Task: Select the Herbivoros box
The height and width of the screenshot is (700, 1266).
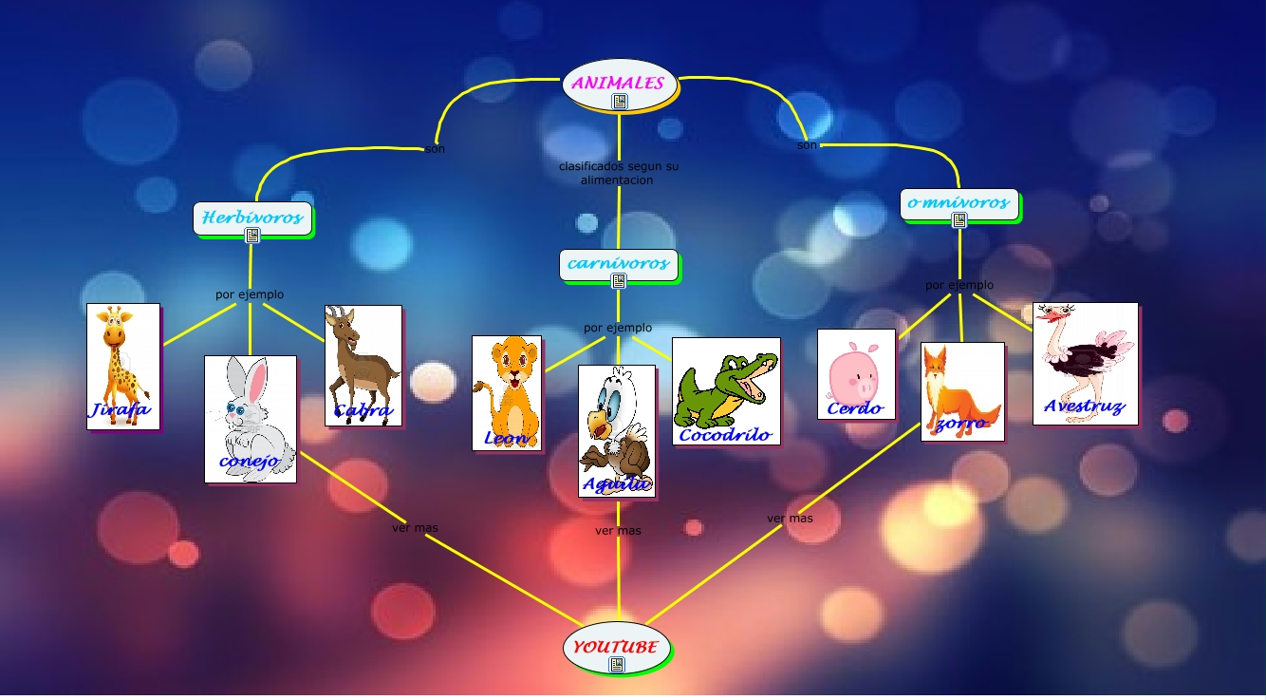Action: (x=252, y=217)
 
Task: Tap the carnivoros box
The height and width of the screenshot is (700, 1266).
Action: (x=619, y=263)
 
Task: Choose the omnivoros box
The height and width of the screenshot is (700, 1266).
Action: (x=959, y=202)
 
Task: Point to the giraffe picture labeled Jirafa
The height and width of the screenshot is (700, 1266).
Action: (x=122, y=366)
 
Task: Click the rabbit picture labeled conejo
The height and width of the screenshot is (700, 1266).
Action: (x=251, y=419)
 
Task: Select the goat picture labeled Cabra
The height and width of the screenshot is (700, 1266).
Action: (x=363, y=365)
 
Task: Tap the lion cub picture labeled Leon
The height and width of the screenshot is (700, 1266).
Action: (x=507, y=392)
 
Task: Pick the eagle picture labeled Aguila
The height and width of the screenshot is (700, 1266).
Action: (x=617, y=430)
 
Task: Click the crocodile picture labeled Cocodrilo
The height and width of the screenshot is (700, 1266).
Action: (x=726, y=390)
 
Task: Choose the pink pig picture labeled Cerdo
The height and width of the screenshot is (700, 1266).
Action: (x=856, y=373)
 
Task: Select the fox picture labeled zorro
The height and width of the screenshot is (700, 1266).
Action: (x=962, y=391)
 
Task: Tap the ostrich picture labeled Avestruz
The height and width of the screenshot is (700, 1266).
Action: (x=1085, y=363)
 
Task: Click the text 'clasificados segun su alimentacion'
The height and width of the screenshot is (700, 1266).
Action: (x=618, y=173)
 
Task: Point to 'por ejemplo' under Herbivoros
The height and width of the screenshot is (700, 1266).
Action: (x=250, y=294)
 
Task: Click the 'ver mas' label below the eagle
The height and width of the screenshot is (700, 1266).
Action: (x=618, y=531)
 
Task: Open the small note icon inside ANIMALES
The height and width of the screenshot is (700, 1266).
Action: (x=619, y=102)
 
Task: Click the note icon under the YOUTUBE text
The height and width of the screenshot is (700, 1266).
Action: (x=617, y=665)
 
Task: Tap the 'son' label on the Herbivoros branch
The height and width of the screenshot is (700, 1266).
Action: (x=435, y=149)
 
